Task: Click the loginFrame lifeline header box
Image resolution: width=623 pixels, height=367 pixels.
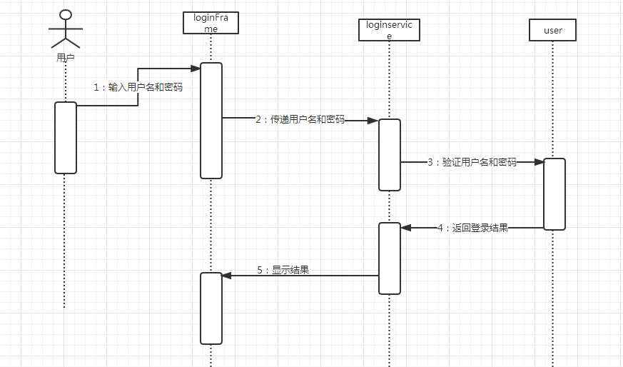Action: [211, 22]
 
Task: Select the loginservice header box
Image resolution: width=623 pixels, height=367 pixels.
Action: [389, 30]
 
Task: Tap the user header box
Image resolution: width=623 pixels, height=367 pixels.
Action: [552, 30]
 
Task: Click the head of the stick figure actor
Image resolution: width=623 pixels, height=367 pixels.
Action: [65, 16]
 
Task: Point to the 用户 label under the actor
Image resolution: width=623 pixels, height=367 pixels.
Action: [65, 57]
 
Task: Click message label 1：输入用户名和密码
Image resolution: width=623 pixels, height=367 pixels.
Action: [138, 87]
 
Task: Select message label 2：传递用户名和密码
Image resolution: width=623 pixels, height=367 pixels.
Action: [300, 120]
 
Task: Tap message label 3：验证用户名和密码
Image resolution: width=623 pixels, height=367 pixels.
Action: [472, 162]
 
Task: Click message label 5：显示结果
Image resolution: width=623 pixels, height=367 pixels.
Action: [283, 271]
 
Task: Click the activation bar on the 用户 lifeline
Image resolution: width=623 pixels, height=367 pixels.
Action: [66, 137]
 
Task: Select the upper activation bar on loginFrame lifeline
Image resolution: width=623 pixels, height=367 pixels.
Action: [211, 120]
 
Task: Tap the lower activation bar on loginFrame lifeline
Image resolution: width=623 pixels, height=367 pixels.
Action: [211, 308]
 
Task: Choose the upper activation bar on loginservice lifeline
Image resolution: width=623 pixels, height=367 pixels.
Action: [390, 154]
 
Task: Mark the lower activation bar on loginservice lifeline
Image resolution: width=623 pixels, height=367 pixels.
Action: [390, 258]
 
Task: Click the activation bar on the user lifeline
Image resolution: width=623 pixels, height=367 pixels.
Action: [554, 193]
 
